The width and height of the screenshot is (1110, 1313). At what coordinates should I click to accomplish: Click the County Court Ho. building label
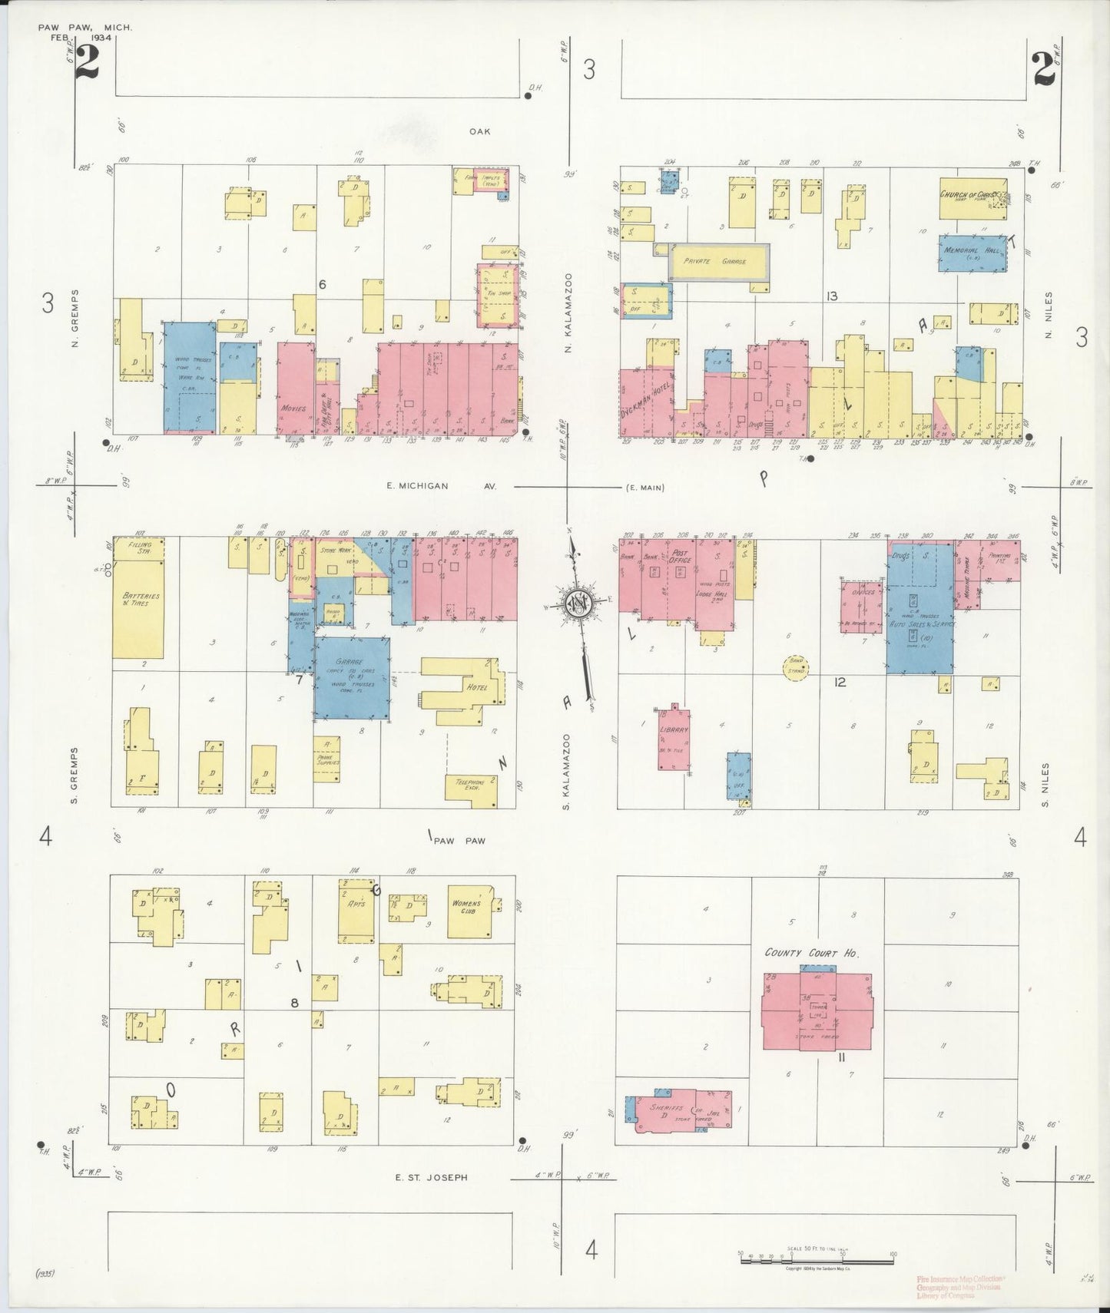click(811, 953)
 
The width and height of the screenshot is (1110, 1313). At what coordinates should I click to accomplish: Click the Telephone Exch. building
click(471, 789)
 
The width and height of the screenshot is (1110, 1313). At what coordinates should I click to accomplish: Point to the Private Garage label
click(718, 262)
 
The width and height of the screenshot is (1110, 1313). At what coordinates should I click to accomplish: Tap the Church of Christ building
click(972, 197)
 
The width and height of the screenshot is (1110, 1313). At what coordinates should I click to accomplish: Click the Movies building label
click(294, 408)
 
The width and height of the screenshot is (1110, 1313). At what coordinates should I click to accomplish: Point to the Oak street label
click(480, 131)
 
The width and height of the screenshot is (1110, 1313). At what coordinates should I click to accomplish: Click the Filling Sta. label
click(140, 547)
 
